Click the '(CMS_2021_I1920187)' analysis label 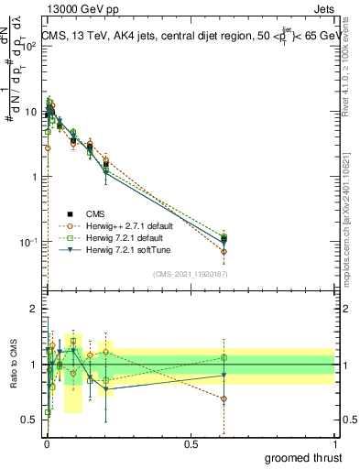pos(191,272)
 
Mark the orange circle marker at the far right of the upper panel pos(224,251)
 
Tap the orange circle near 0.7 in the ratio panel pos(224,398)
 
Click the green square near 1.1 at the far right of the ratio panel pos(224,357)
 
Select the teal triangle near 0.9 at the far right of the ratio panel pos(224,375)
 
